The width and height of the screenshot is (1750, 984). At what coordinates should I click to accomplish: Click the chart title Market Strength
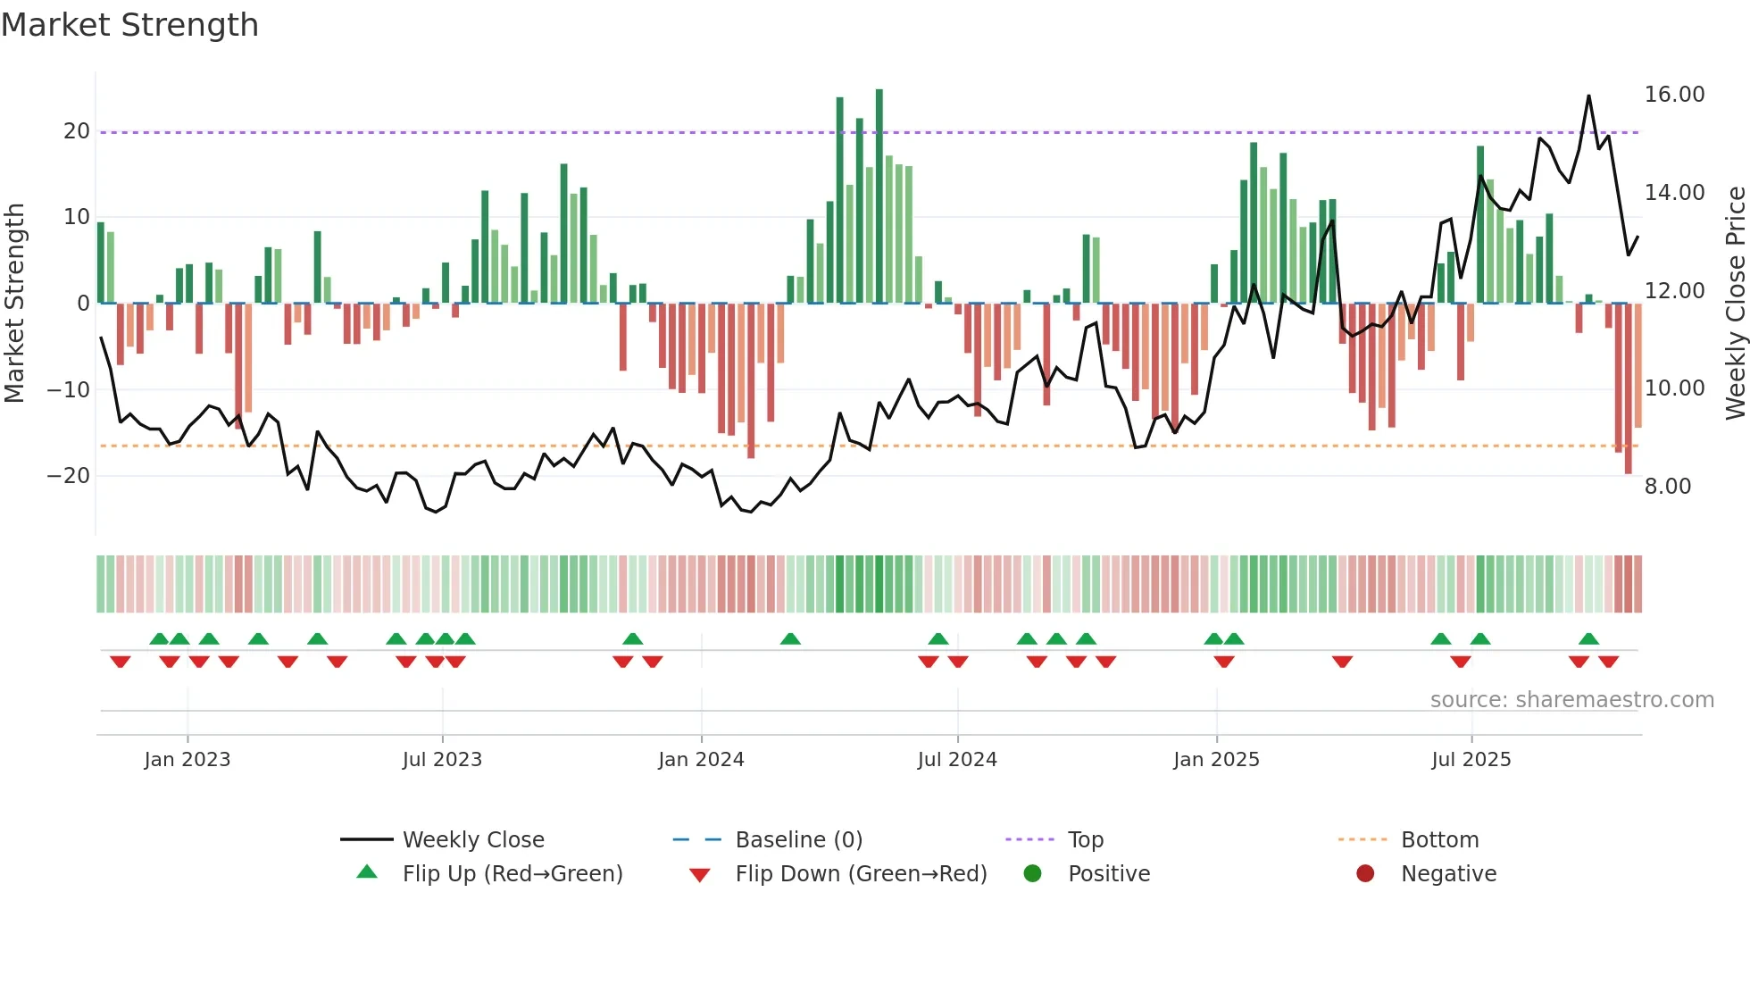(129, 25)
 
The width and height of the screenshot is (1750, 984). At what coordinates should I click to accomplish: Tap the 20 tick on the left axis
(77, 131)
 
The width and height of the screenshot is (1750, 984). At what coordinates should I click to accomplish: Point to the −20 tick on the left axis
(69, 476)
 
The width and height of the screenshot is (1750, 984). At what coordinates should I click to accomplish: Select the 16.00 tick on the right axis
(1674, 95)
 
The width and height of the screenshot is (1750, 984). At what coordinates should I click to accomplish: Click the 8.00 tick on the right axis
(1667, 487)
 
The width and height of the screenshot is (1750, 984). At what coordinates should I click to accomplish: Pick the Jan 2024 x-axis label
(701, 760)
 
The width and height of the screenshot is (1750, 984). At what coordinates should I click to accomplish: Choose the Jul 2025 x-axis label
(1471, 760)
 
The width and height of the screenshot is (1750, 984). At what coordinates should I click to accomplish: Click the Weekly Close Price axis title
(1735, 304)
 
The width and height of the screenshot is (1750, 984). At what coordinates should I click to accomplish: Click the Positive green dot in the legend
(1033, 874)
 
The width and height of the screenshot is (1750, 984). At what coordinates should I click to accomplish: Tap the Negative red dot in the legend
(1365, 874)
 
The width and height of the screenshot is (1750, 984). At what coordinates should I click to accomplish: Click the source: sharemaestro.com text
(1571, 700)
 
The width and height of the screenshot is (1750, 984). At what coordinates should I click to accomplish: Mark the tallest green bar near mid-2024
(879, 196)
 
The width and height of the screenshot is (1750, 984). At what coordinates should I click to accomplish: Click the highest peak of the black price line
(1588, 96)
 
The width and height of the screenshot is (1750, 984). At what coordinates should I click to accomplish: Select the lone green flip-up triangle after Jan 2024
(790, 639)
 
